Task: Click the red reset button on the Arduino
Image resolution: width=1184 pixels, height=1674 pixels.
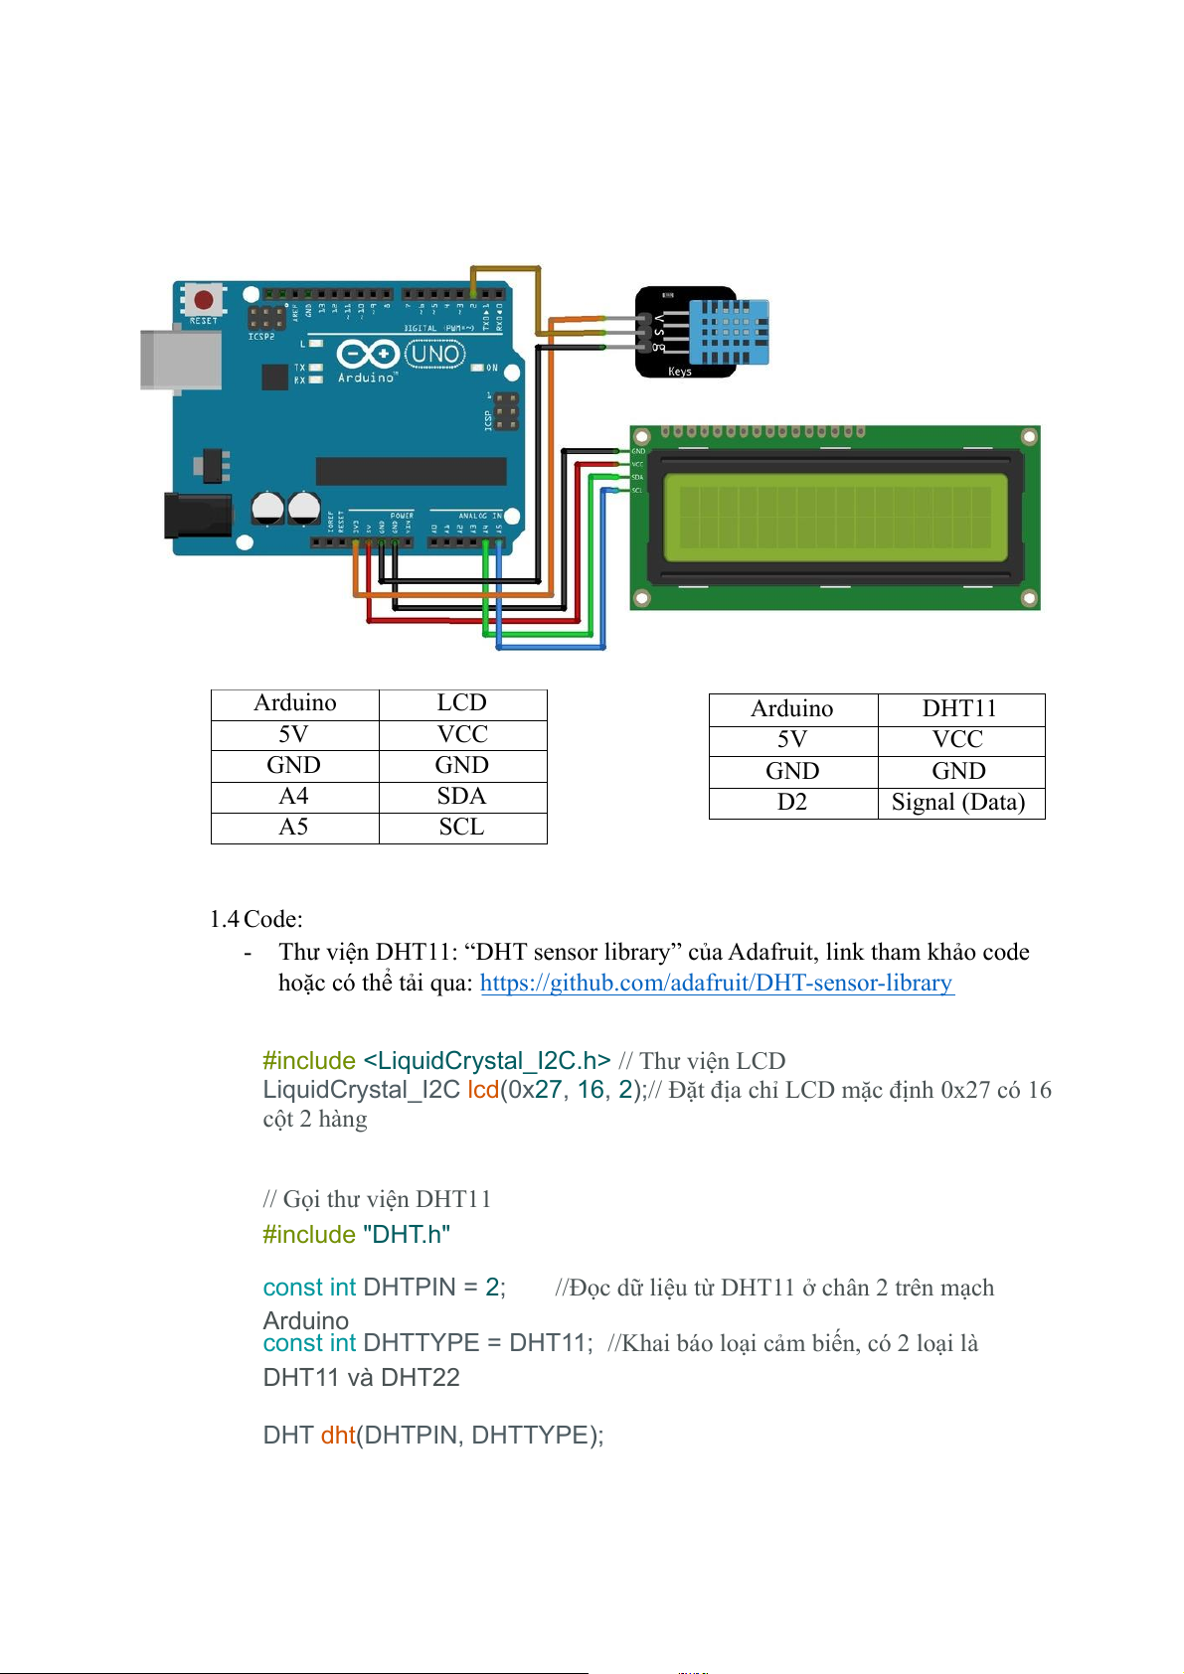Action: coord(204,300)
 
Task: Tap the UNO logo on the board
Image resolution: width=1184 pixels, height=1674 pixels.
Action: coord(434,354)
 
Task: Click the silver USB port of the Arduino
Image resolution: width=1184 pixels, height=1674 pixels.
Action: coord(180,359)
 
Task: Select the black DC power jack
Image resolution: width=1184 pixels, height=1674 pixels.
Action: coord(197,515)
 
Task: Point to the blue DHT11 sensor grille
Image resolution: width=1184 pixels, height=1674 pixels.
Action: coord(730,332)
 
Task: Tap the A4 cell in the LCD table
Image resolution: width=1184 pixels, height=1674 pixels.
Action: coord(294,797)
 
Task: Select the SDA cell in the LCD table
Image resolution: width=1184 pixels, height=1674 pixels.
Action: coord(462,797)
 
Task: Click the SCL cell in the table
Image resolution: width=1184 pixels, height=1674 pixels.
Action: coord(462,828)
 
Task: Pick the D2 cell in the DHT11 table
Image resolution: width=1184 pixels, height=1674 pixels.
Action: coord(792,803)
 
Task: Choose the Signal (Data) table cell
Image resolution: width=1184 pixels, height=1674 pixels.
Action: coord(958,803)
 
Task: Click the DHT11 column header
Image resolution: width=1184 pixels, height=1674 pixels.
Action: coord(959,709)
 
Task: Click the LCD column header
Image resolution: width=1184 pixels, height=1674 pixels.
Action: coord(462,703)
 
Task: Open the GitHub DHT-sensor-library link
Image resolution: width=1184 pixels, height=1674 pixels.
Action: coord(716,983)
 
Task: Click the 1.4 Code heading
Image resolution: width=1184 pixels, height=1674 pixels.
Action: coord(256,919)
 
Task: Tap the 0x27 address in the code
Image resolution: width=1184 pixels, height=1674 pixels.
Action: coord(534,1090)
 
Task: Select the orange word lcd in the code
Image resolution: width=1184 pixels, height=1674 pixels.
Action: coord(483,1090)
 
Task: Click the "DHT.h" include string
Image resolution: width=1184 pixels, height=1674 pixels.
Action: coord(407,1235)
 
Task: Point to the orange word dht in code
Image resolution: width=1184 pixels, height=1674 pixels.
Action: coord(338,1436)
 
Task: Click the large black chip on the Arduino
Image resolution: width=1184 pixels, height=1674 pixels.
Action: coord(411,471)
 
